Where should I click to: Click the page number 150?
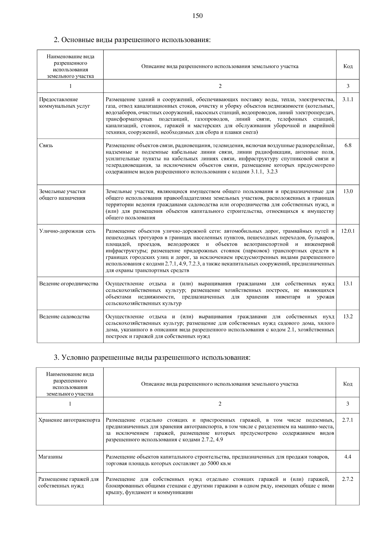click(x=198, y=16)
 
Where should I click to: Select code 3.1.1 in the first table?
click(x=348, y=100)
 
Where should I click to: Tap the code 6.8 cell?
click(x=348, y=145)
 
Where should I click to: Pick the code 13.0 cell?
click(x=348, y=191)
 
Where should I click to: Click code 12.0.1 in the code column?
click(x=348, y=231)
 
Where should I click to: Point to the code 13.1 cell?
click(x=348, y=283)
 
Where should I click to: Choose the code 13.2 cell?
click(x=348, y=316)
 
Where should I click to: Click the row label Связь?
click(x=46, y=145)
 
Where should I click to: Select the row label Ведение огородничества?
click(x=69, y=283)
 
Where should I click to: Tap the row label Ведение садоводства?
click(x=64, y=316)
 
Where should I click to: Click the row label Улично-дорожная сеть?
click(x=67, y=231)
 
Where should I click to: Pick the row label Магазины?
click(x=50, y=457)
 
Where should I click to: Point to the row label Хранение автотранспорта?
click(x=69, y=420)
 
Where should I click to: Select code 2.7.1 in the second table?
click(x=347, y=420)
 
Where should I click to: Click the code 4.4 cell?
click(x=347, y=457)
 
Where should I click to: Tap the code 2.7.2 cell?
click(x=347, y=479)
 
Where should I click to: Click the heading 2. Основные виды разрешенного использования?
click(x=132, y=40)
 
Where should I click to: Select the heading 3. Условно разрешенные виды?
click(x=152, y=358)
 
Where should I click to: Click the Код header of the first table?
click(x=348, y=66)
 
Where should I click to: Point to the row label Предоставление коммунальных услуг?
click(x=64, y=103)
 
